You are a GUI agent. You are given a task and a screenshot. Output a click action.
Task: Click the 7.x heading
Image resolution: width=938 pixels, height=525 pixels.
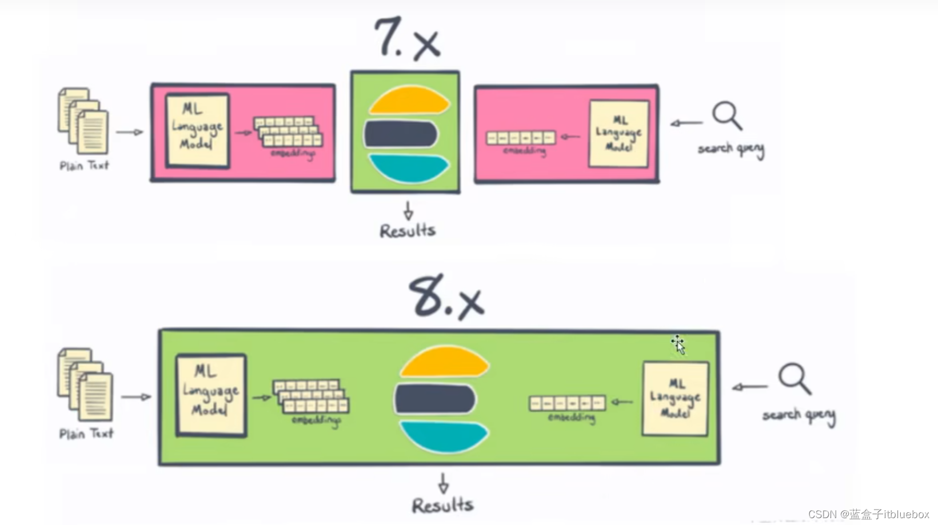click(x=407, y=39)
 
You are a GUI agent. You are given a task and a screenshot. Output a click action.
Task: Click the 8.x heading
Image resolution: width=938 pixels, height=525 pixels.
click(x=446, y=297)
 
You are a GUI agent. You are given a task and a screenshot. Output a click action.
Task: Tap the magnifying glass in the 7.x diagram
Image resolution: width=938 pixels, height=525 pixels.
click(x=727, y=115)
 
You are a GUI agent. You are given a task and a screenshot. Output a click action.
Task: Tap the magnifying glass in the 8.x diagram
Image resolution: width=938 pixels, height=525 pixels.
click(x=794, y=378)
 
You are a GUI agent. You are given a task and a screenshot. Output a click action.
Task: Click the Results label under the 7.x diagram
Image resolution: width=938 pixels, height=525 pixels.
click(x=408, y=231)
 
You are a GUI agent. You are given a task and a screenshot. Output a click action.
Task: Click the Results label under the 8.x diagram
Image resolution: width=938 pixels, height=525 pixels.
click(x=443, y=506)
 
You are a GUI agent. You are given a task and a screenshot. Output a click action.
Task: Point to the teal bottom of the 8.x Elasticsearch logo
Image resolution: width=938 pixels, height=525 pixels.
click(x=444, y=436)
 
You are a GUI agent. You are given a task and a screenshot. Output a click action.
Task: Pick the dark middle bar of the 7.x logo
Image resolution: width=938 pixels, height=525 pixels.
click(x=401, y=134)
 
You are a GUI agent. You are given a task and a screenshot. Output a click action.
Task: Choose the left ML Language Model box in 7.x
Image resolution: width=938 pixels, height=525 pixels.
click(x=197, y=131)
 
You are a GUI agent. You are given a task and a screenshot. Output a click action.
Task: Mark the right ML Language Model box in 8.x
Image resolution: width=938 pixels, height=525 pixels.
click(x=675, y=398)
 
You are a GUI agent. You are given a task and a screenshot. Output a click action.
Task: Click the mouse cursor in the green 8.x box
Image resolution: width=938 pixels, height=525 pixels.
click(x=678, y=344)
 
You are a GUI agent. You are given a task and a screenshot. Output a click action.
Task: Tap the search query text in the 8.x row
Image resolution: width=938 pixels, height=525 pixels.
click(x=799, y=416)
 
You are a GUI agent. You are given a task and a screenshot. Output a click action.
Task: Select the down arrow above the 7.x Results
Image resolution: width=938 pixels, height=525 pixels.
click(x=408, y=210)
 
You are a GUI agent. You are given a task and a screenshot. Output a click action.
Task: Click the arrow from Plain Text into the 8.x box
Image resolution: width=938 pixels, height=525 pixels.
click(x=136, y=396)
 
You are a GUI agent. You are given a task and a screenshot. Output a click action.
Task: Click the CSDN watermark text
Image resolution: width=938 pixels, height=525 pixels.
click(x=868, y=514)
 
